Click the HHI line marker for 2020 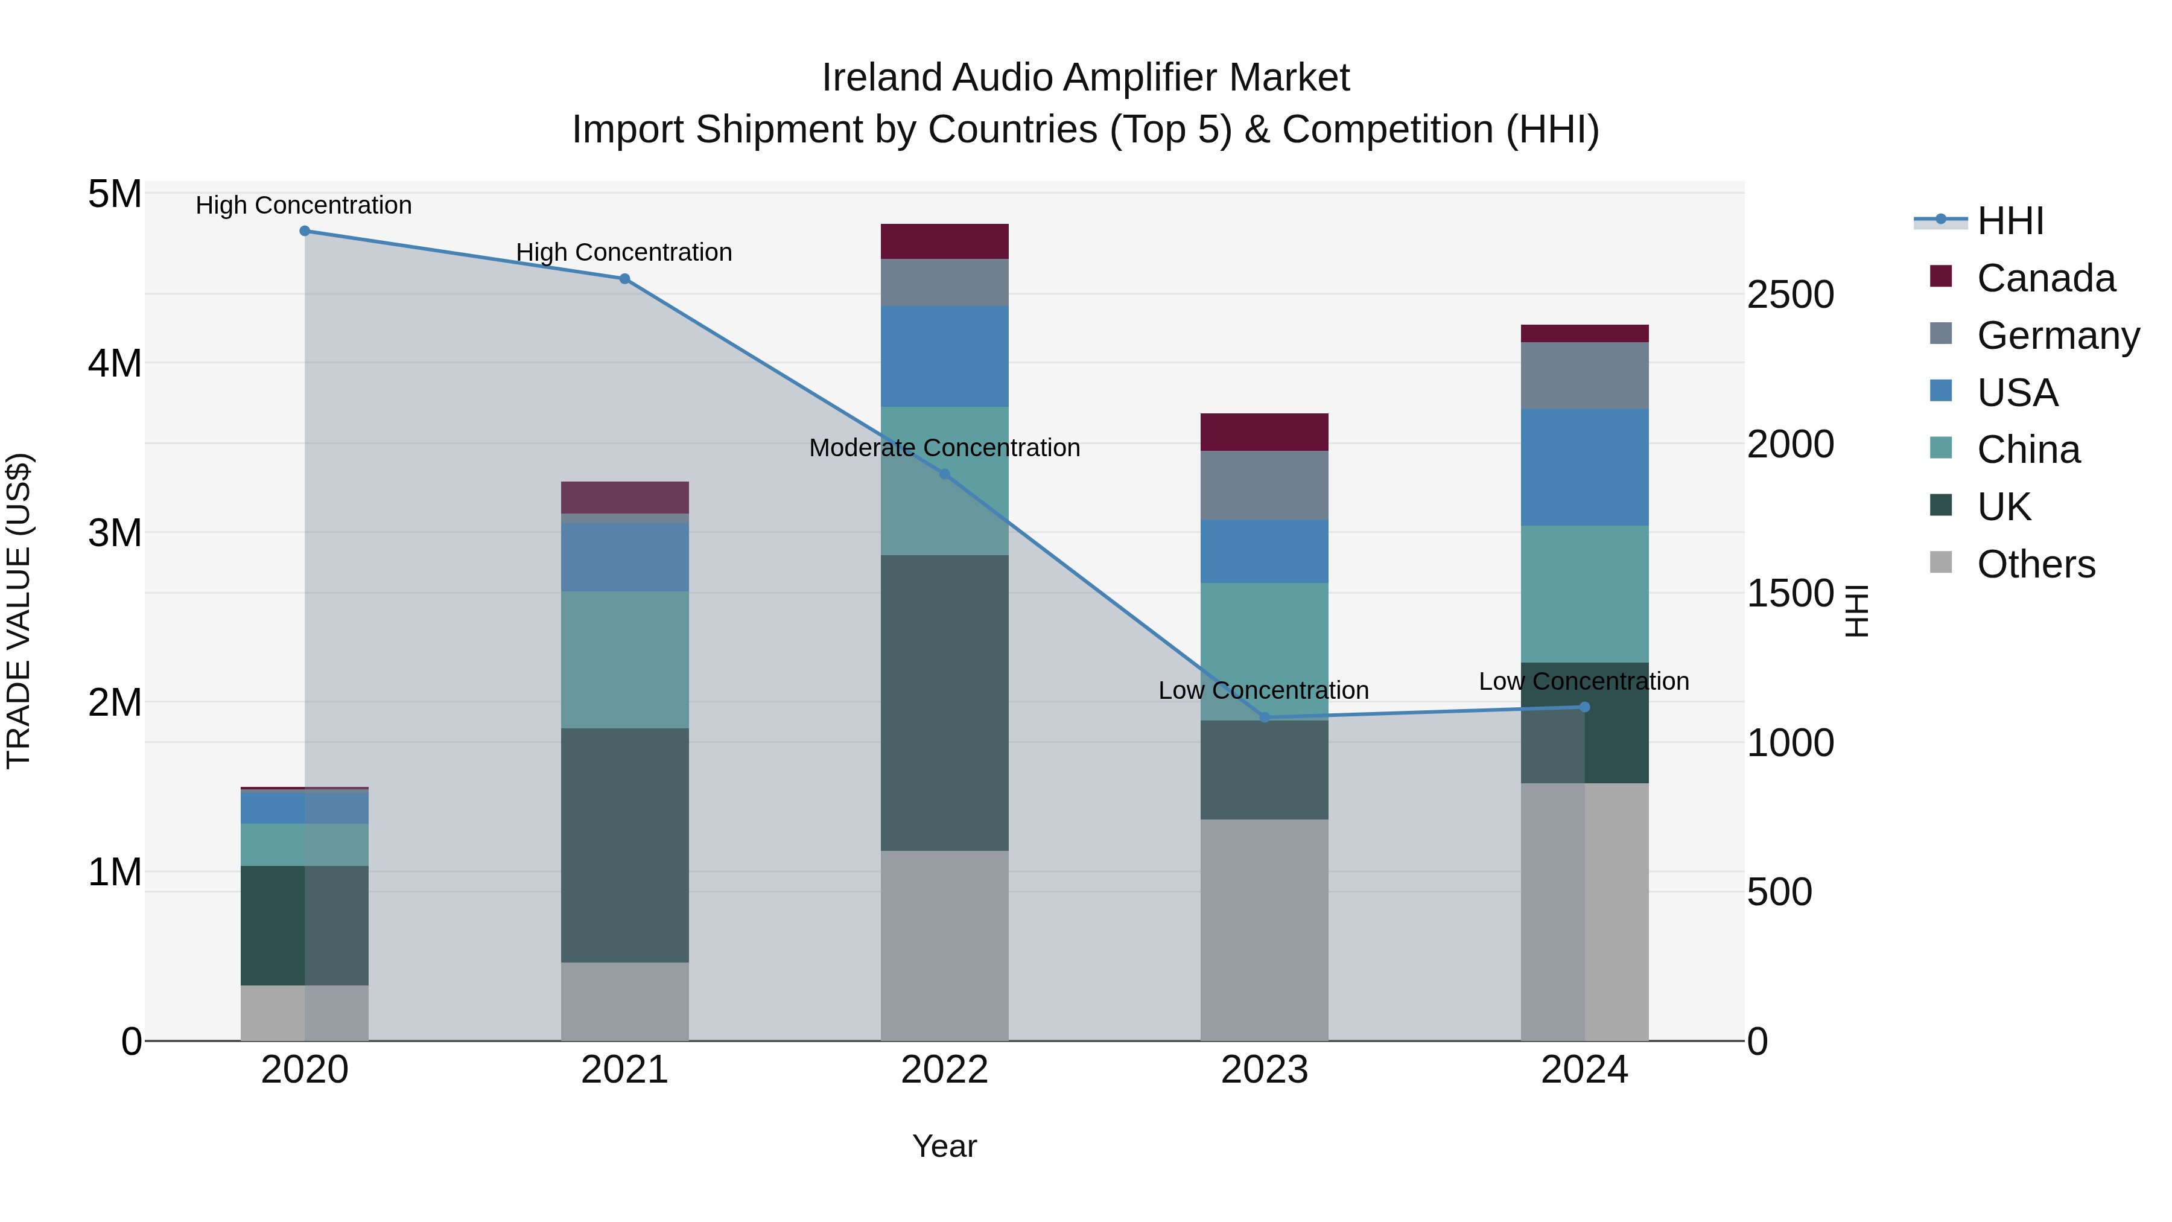(305, 231)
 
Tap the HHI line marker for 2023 (1264, 718)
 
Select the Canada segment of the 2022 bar (944, 241)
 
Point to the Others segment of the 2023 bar (1264, 929)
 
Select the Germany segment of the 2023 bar (1264, 485)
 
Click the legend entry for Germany (2057, 336)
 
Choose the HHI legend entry (2010, 221)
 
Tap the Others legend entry (2036, 564)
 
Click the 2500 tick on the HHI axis (1789, 295)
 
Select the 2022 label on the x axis (944, 1070)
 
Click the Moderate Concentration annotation (944, 448)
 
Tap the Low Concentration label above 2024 (1584, 681)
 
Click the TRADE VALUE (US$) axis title (19, 611)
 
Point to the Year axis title (944, 1146)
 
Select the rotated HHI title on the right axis (1858, 611)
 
